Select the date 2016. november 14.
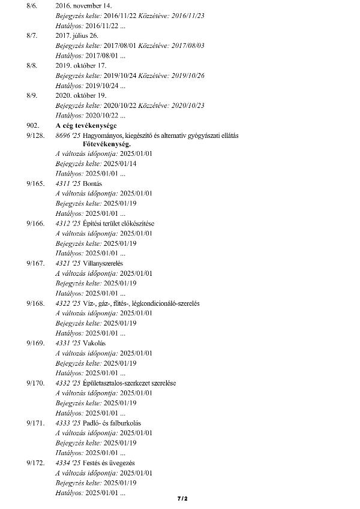point(79,5)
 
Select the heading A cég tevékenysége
point(86,125)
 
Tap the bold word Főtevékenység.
point(107,144)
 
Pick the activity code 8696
point(63,135)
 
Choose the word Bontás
point(93,183)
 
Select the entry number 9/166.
point(35,223)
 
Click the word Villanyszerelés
point(105,263)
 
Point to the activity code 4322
point(63,303)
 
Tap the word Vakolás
point(94,343)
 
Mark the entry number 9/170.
point(35,382)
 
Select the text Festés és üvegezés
point(109,463)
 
